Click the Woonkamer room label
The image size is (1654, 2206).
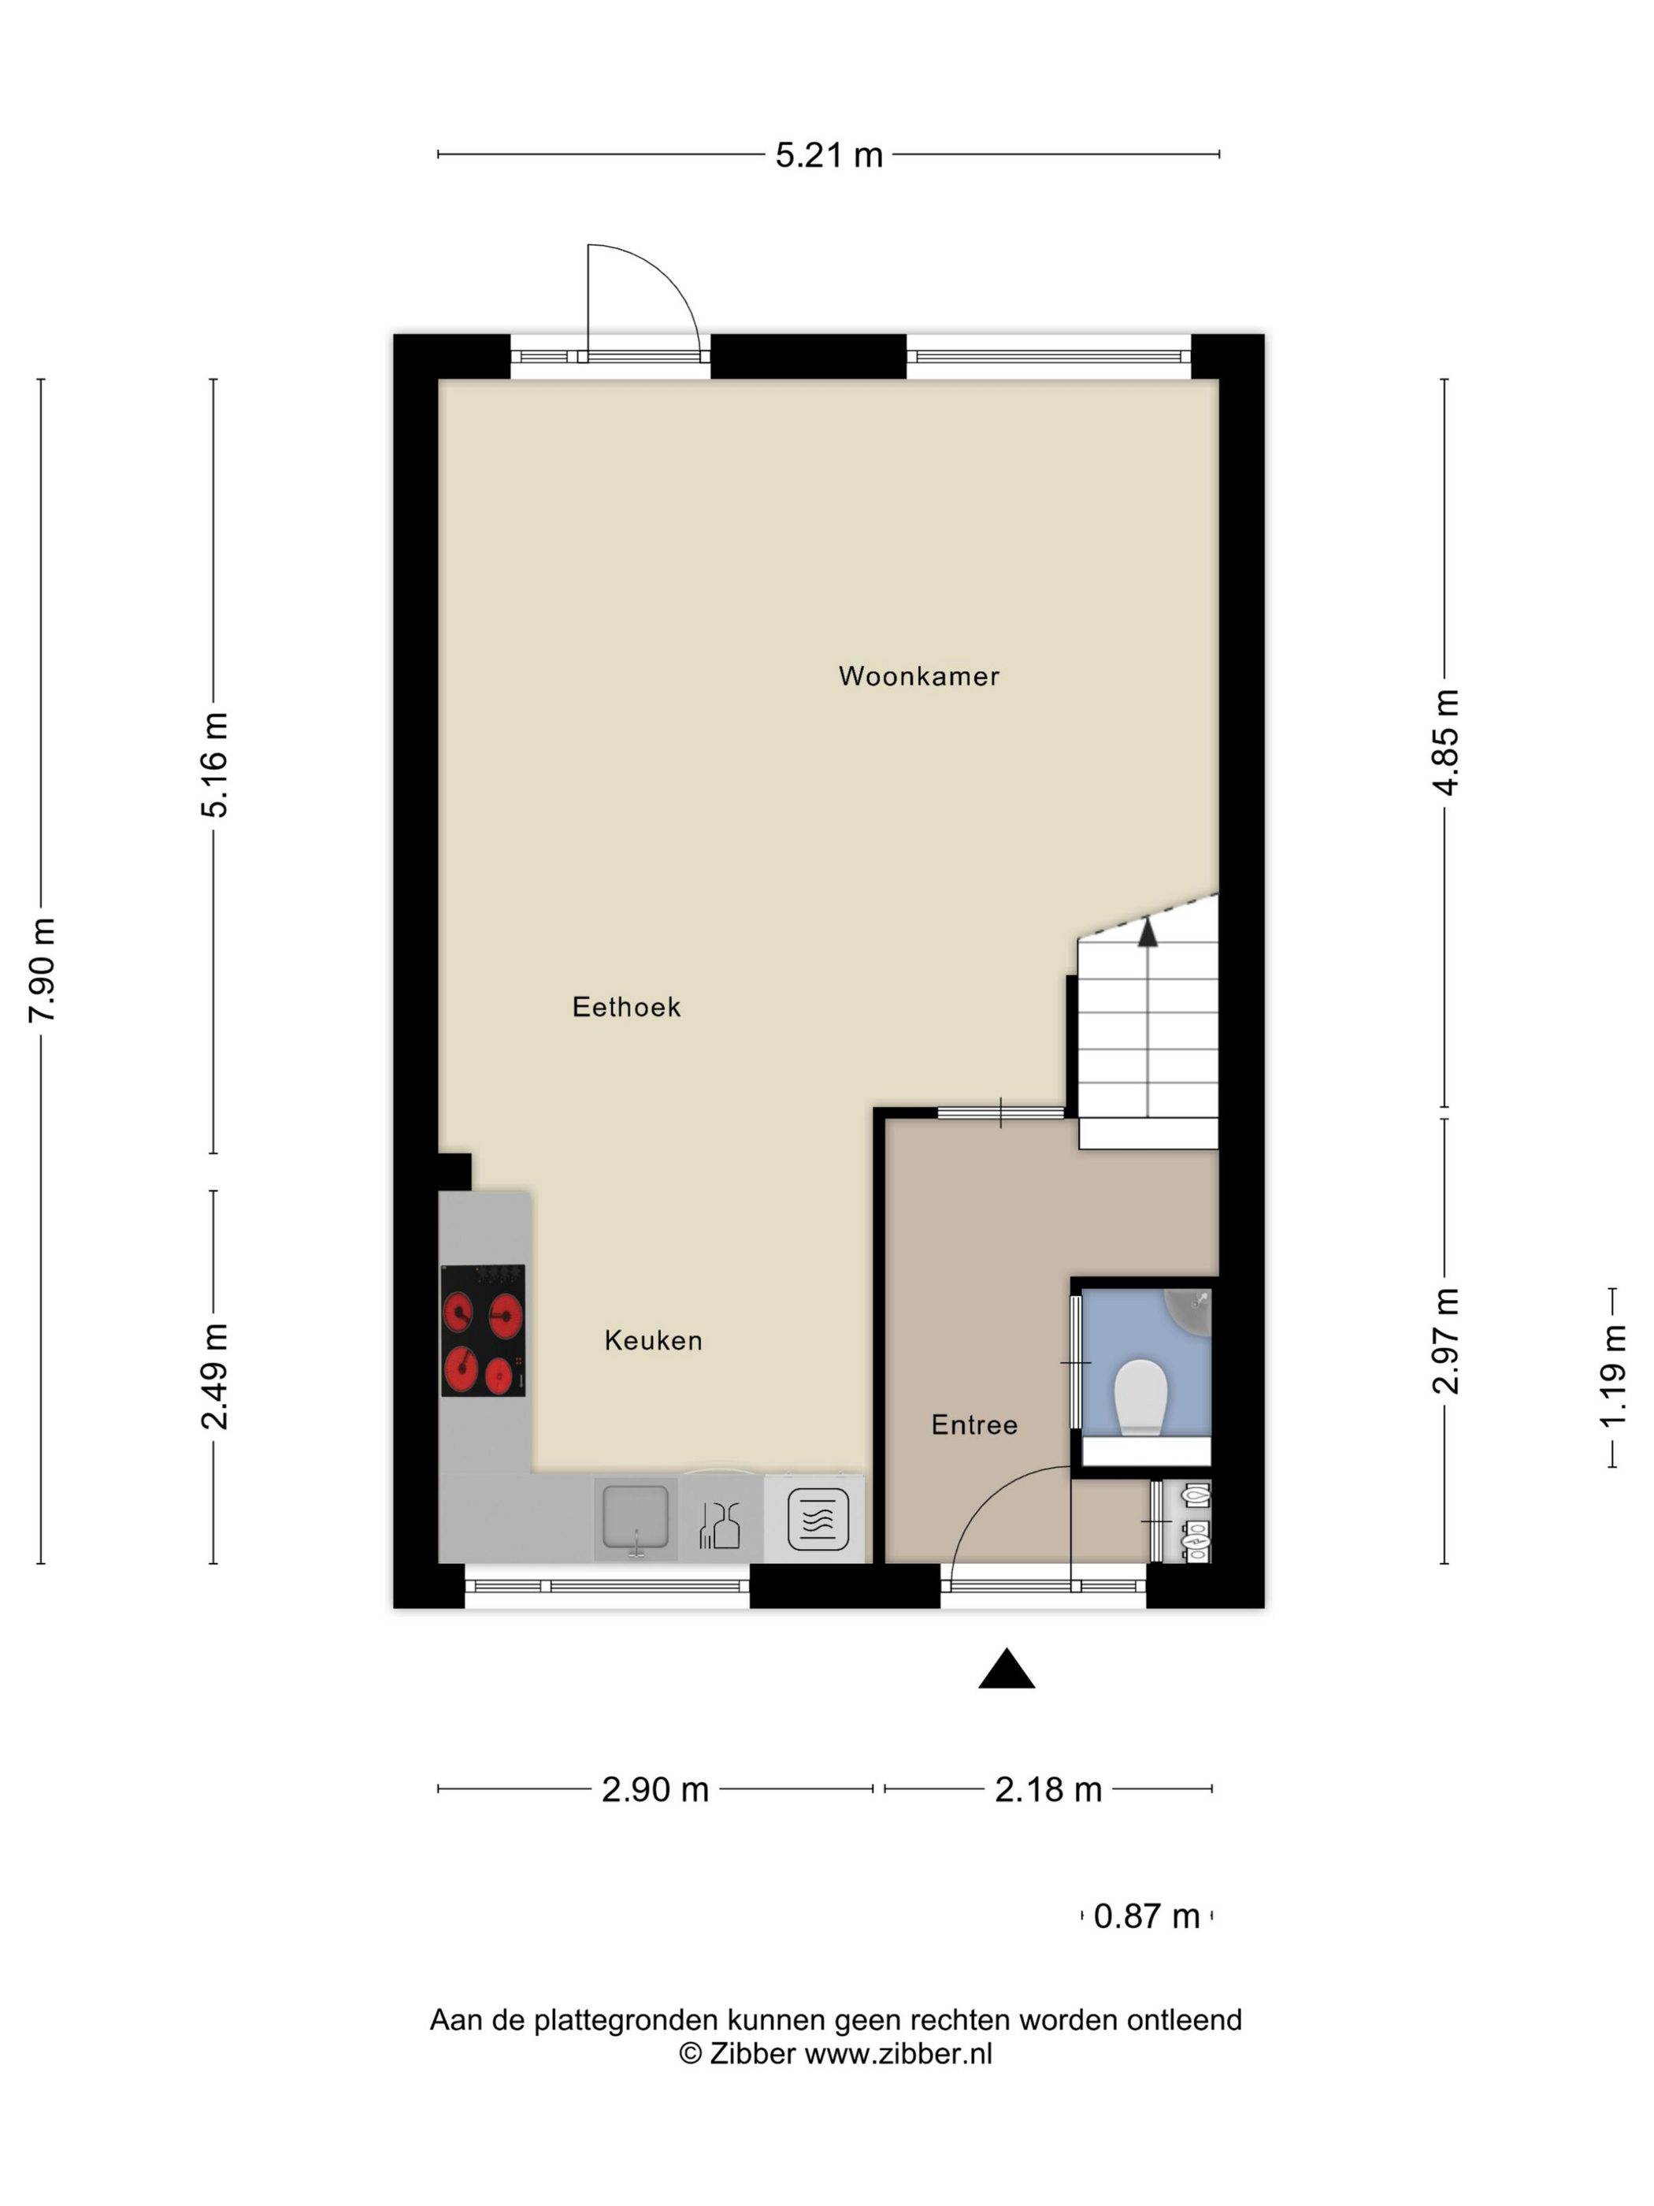coord(918,676)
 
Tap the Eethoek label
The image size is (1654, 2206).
coord(626,1007)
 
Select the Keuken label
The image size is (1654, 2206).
coord(653,1340)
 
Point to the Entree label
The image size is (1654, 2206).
coord(974,1425)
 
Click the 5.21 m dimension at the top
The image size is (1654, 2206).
coord(829,155)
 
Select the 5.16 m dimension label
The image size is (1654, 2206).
coord(214,766)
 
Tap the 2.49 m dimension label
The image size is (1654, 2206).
coord(214,1376)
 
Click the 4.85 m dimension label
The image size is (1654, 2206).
coord(1445,742)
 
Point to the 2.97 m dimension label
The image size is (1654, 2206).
coord(1445,1340)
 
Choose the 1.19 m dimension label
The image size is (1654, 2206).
coord(1613,1376)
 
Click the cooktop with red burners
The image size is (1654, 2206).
coord(484,1331)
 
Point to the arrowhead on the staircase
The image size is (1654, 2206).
coord(1148,933)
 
